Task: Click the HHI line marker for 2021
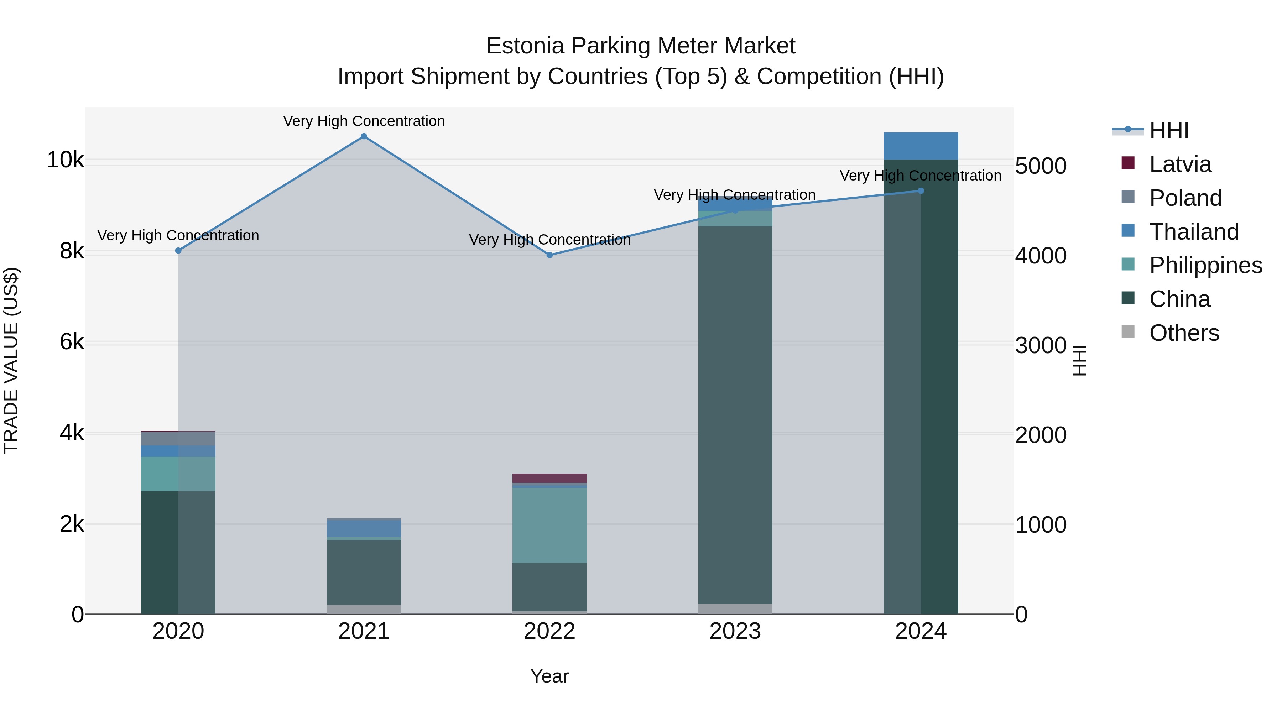pyautogui.click(x=364, y=136)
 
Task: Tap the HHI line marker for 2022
pyautogui.click(x=549, y=255)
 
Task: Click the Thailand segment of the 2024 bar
pyautogui.click(x=921, y=146)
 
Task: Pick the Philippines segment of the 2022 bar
pyautogui.click(x=549, y=525)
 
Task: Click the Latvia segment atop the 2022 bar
pyautogui.click(x=549, y=478)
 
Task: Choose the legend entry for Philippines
pyautogui.click(x=1205, y=265)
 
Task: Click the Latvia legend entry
pyautogui.click(x=1179, y=164)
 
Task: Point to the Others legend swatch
pyautogui.click(x=1128, y=332)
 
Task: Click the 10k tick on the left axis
pyautogui.click(x=65, y=160)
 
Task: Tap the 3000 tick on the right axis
pyautogui.click(x=1041, y=345)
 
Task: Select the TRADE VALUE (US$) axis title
pyautogui.click(x=11, y=360)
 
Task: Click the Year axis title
pyautogui.click(x=549, y=676)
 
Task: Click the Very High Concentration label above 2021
pyautogui.click(x=364, y=121)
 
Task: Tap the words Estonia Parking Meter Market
pyautogui.click(x=641, y=46)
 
